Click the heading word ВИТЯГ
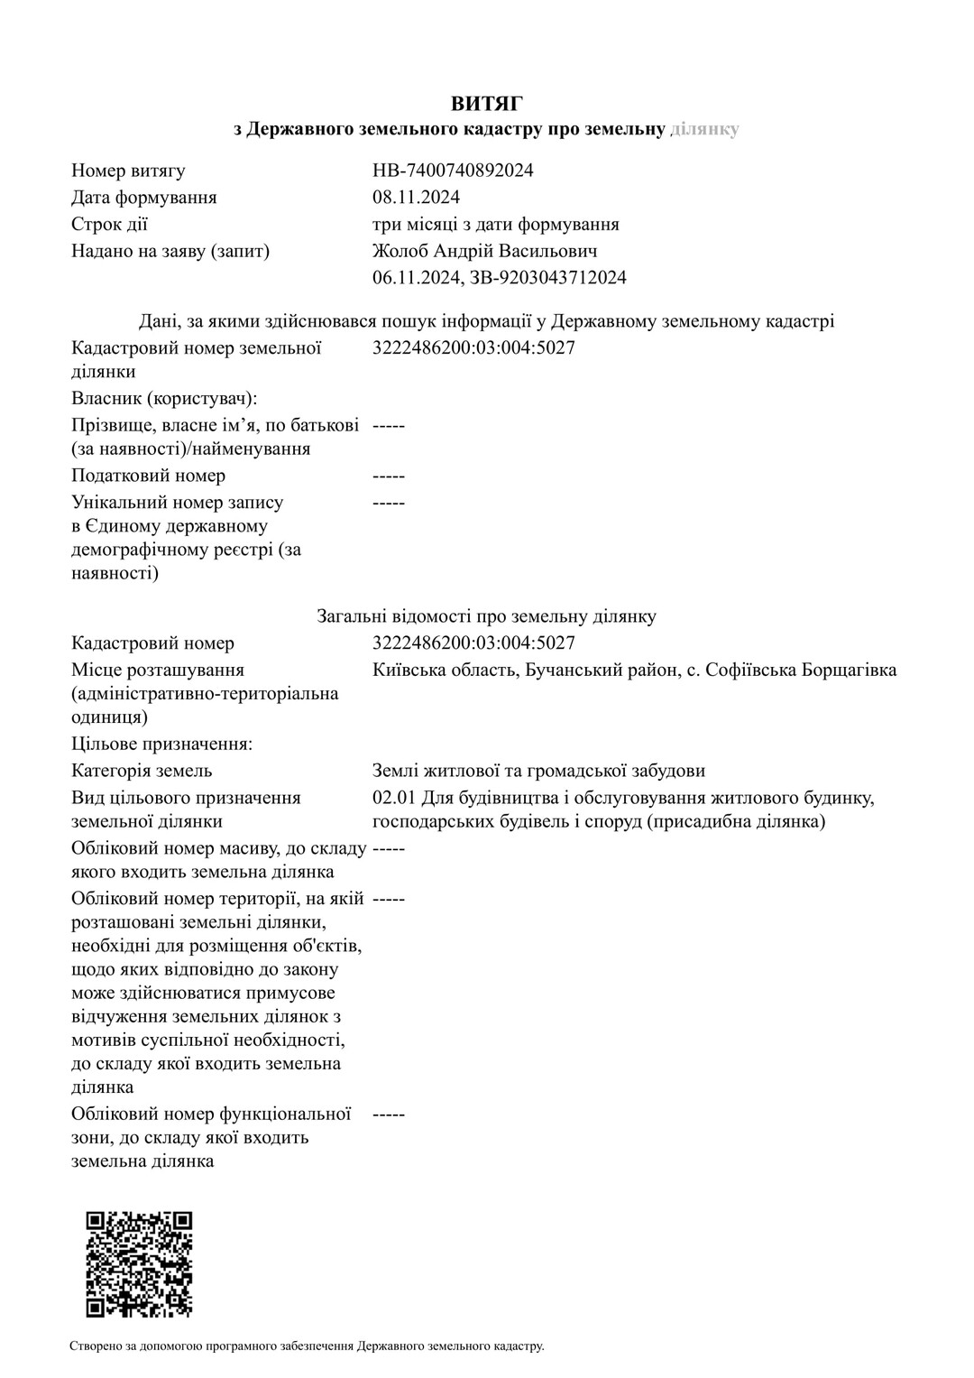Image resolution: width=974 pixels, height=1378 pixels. [487, 103]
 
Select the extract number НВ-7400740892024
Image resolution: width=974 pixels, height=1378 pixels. [453, 171]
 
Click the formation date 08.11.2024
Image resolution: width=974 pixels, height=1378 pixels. [416, 197]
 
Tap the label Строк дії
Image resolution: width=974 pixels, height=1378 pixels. [109, 224]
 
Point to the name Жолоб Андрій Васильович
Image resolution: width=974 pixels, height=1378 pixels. [484, 251]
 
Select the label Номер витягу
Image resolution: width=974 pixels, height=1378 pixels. [128, 171]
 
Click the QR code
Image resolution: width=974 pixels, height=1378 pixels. [139, 1264]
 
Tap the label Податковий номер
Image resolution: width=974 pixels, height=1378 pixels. [148, 476]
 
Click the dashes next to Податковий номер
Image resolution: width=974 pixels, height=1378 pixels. [389, 476]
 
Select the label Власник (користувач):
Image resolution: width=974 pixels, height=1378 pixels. [164, 398]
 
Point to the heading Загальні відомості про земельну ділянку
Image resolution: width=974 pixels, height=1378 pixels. [486, 616]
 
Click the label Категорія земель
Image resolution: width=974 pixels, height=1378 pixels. [142, 771]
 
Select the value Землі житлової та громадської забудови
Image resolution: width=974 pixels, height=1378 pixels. [538, 771]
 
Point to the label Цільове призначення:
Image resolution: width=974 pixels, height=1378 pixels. [161, 744]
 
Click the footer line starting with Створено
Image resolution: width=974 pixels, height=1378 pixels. [307, 1346]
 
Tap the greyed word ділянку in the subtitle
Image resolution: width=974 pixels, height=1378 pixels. [705, 129]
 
